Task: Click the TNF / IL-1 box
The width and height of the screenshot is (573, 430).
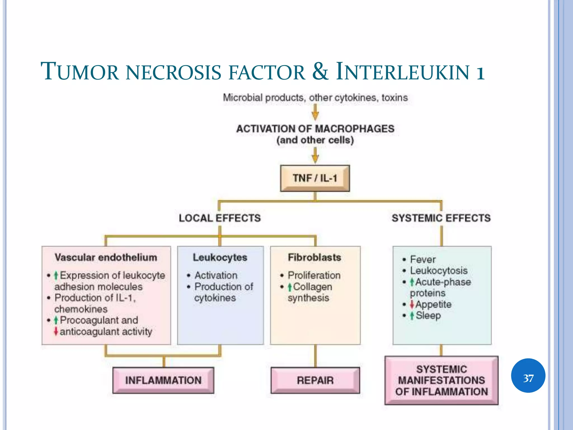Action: click(x=315, y=178)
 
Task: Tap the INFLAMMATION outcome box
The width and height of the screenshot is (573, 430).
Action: click(x=163, y=380)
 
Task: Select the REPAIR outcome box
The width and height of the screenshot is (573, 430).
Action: click(x=315, y=380)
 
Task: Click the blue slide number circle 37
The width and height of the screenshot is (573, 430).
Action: click(x=528, y=375)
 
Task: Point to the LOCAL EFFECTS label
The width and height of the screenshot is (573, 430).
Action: click(x=220, y=218)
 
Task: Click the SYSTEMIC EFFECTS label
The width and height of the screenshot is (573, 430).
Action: click(x=441, y=218)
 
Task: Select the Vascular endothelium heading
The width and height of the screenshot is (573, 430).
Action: click(x=106, y=257)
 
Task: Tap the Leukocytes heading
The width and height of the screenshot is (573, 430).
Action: click(x=220, y=257)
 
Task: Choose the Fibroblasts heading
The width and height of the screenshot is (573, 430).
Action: click(x=314, y=257)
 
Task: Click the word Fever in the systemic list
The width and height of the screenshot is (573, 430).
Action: click(x=422, y=259)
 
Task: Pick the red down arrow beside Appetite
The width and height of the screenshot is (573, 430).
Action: click(x=412, y=304)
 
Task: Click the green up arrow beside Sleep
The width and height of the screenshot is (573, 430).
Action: click(x=412, y=316)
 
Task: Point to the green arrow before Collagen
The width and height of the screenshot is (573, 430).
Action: click(x=290, y=287)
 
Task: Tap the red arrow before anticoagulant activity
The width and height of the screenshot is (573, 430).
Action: click(x=56, y=331)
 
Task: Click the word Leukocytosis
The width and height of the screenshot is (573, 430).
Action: click(x=438, y=270)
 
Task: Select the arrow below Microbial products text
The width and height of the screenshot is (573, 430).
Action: click(x=315, y=112)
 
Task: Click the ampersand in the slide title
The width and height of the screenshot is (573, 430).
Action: click(x=320, y=71)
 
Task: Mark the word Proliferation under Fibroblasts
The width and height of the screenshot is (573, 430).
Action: click(x=314, y=275)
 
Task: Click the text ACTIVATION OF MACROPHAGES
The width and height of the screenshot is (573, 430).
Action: click(x=315, y=129)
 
